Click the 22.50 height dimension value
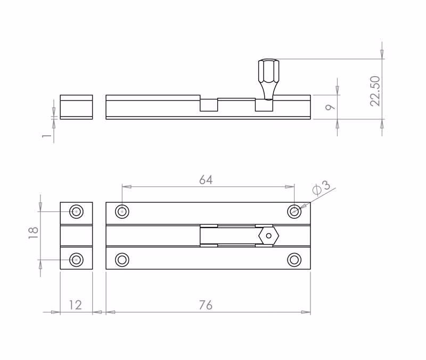coord(375,91)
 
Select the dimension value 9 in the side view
coord(330,107)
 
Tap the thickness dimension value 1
coord(47,135)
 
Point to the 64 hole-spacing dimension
coord(206,180)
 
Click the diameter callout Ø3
coord(322,187)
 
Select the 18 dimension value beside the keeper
coord(33,233)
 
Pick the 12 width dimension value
coord(75,305)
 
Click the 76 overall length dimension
coord(206,305)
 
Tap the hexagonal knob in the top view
coord(269,235)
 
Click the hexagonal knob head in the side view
coord(268,71)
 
